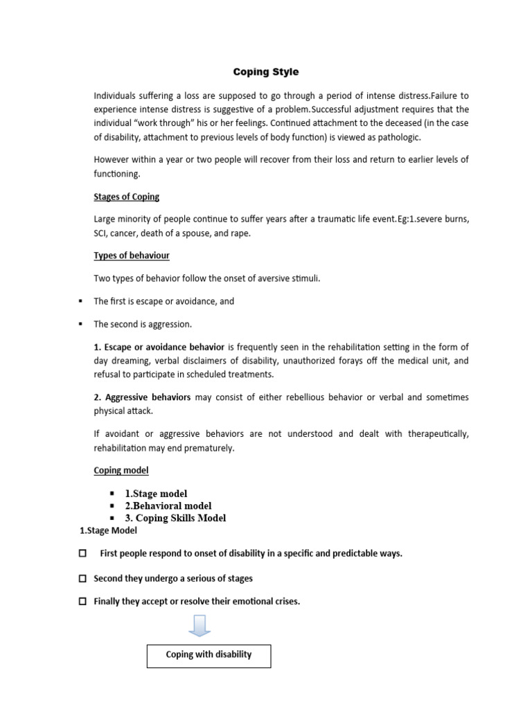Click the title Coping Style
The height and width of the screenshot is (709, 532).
[x=265, y=72]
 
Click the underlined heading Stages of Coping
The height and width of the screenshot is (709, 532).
[x=127, y=197]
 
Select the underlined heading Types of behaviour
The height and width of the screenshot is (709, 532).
[x=132, y=255]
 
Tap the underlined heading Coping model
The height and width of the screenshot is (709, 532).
[x=121, y=470]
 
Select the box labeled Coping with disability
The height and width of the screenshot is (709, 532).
[x=209, y=655]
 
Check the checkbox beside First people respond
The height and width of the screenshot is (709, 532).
[x=83, y=553]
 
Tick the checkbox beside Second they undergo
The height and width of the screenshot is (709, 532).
[x=83, y=578]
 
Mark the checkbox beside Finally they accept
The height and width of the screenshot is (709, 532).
[x=83, y=602]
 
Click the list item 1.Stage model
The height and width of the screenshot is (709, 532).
[x=156, y=494]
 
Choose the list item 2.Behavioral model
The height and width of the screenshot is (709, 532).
[x=168, y=505]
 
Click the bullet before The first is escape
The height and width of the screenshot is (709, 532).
[x=82, y=302]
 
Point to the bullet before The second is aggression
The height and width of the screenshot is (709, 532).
[x=82, y=324]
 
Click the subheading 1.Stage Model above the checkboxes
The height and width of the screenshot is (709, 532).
[x=108, y=531]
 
